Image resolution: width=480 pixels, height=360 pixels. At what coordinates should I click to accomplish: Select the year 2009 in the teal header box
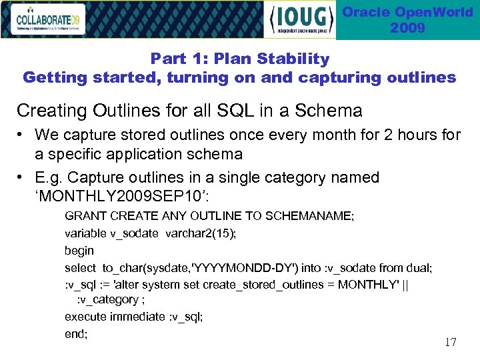point(407,28)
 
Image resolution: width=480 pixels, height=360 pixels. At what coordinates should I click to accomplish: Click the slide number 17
point(450,342)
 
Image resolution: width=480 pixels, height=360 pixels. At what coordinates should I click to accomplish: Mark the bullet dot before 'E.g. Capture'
point(23,178)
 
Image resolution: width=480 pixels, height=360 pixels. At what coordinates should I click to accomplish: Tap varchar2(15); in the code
point(199,233)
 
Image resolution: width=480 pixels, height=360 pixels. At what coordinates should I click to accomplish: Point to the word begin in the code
point(79,251)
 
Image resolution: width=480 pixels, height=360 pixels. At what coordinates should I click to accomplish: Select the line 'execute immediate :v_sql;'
point(133,317)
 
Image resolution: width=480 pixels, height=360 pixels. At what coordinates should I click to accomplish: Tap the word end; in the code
point(76,333)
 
